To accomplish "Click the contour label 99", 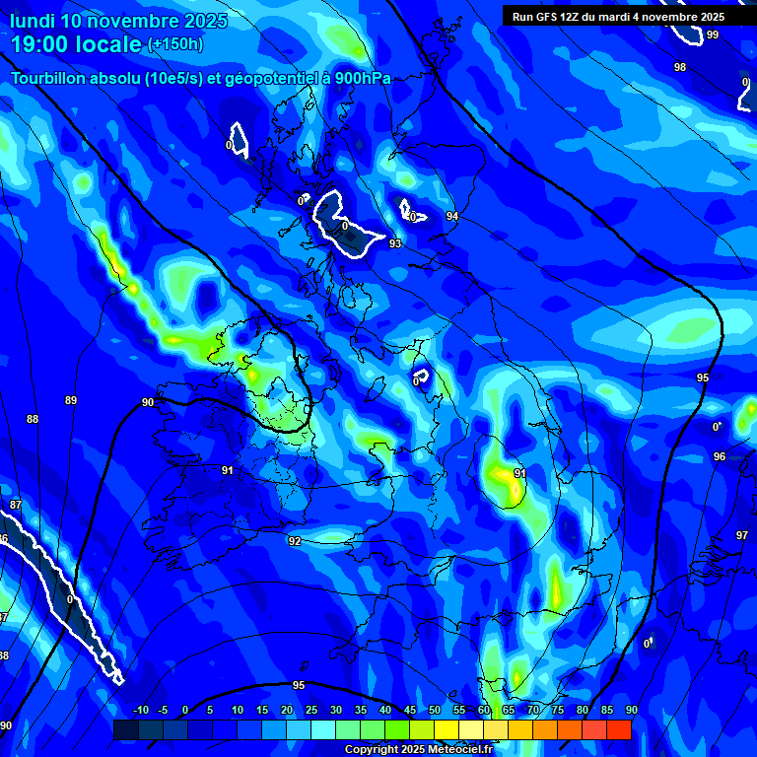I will (x=712, y=34).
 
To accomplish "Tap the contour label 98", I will (x=680, y=67).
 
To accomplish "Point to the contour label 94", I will (x=452, y=216).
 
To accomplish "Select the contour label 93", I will (x=395, y=243).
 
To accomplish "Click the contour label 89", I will (x=71, y=400).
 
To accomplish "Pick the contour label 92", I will (x=295, y=541).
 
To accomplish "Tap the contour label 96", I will (x=720, y=456).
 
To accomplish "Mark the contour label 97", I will (x=742, y=535).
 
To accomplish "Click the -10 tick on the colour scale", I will (x=140, y=710).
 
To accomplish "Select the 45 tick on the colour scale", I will (x=410, y=710).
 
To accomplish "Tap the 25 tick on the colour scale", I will (x=311, y=710).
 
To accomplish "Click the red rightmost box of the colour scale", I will (x=619, y=729).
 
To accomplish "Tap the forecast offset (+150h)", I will (x=175, y=44).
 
